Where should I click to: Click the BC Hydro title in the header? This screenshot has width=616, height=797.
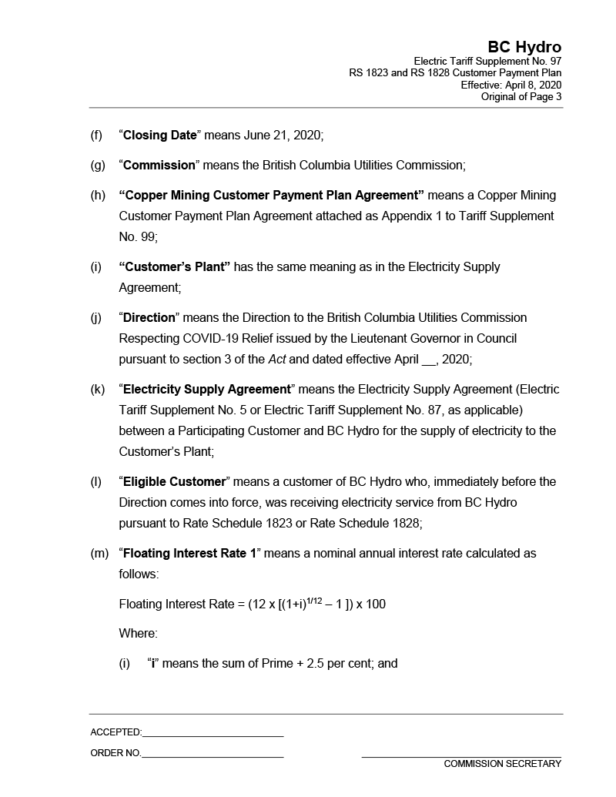pyautogui.click(x=524, y=47)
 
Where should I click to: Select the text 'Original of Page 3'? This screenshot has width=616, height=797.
pyautogui.click(x=521, y=97)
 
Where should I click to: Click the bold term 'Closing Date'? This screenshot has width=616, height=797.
pyautogui.click(x=160, y=136)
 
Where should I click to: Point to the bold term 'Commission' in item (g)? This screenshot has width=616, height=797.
pyautogui.click(x=159, y=165)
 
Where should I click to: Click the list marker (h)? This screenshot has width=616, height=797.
pyautogui.click(x=98, y=195)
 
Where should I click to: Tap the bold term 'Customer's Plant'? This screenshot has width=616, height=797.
pyautogui.click(x=175, y=266)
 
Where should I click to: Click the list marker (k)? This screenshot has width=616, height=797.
pyautogui.click(x=98, y=390)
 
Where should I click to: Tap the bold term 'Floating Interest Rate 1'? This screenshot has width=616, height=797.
pyautogui.click(x=189, y=553)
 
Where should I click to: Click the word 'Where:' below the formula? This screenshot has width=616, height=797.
pyautogui.click(x=138, y=634)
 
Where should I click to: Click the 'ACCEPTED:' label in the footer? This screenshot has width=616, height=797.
pyautogui.click(x=115, y=732)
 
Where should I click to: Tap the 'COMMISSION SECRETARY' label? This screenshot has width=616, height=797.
pyautogui.click(x=502, y=764)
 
